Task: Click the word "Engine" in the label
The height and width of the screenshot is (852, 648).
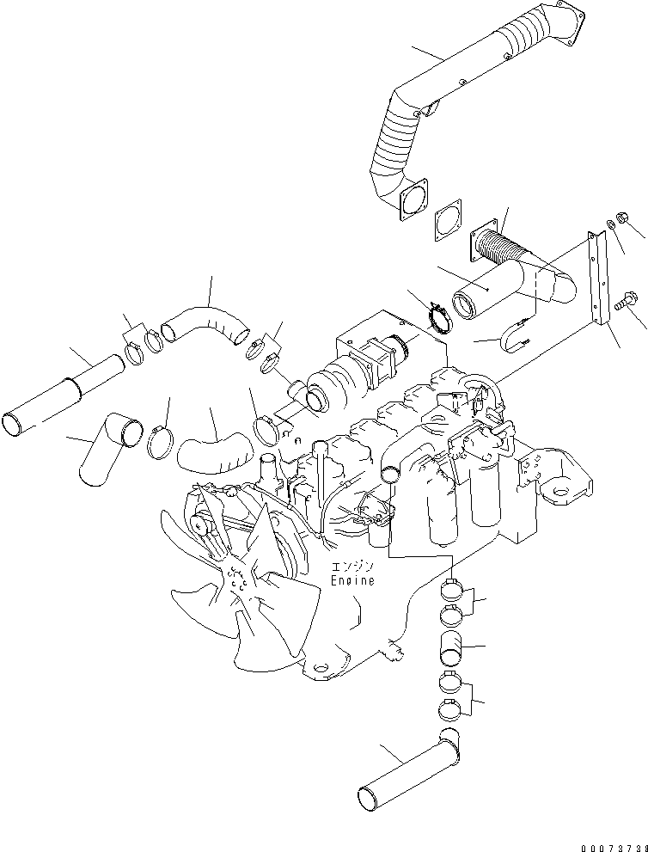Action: (x=352, y=581)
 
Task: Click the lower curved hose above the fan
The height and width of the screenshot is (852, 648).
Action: (x=213, y=450)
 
